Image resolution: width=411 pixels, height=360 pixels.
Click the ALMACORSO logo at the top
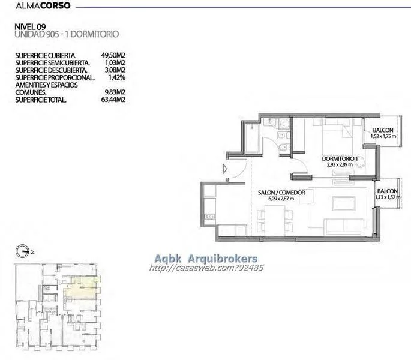43,5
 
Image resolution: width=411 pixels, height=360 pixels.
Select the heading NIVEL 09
30,27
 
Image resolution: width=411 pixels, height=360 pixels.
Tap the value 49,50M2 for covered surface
113,55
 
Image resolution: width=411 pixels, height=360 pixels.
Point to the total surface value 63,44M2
113,100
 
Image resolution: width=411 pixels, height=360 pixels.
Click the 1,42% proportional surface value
117,77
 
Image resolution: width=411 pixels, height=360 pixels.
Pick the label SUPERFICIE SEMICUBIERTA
52,63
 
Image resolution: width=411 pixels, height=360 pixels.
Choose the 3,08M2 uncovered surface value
115,70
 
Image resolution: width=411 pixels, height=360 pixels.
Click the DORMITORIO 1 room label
340,158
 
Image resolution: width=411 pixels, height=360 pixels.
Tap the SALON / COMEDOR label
281,193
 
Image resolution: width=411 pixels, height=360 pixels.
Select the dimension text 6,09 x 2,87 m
281,199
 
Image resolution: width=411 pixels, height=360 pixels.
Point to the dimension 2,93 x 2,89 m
340,164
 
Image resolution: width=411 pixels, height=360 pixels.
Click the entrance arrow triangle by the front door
225,169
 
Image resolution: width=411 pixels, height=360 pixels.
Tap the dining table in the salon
275,220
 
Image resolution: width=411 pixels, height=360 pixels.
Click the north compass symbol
22,251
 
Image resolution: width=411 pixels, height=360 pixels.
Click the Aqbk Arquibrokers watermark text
206,259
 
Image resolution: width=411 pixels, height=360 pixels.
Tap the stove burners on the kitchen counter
209,217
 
